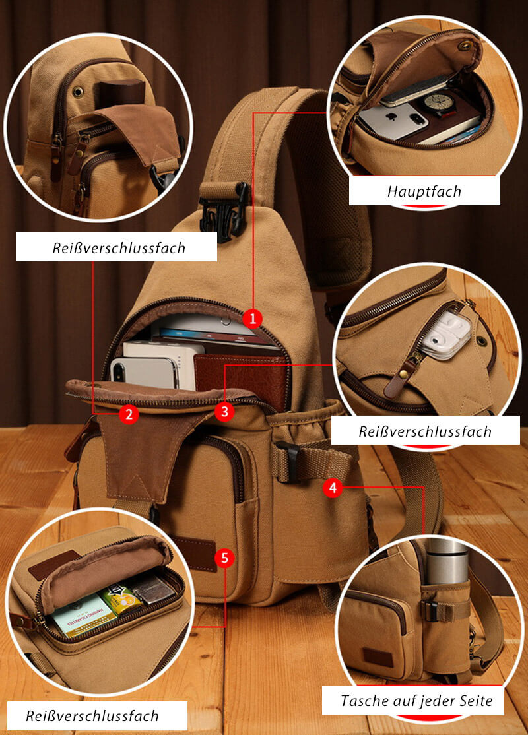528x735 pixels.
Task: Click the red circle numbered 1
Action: pyautogui.click(x=252, y=318)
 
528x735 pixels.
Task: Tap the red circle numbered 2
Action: pyautogui.click(x=129, y=414)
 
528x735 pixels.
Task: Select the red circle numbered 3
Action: pyautogui.click(x=224, y=412)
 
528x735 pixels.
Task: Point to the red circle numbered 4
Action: pyautogui.click(x=333, y=488)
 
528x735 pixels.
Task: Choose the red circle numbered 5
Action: pyautogui.click(x=225, y=559)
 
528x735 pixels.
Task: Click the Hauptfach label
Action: pyautogui.click(x=424, y=192)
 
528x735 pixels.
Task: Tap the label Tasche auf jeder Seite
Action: pyautogui.click(x=416, y=700)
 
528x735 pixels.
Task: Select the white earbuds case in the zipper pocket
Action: pyautogui.click(x=445, y=337)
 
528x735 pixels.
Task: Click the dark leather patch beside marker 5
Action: pyautogui.click(x=195, y=553)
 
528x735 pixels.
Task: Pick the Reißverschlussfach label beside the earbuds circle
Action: pyautogui.click(x=425, y=431)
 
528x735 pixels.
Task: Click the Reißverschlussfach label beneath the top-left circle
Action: pyautogui.click(x=119, y=249)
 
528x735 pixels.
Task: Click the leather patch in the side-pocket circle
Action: pyautogui.click(x=378, y=656)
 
